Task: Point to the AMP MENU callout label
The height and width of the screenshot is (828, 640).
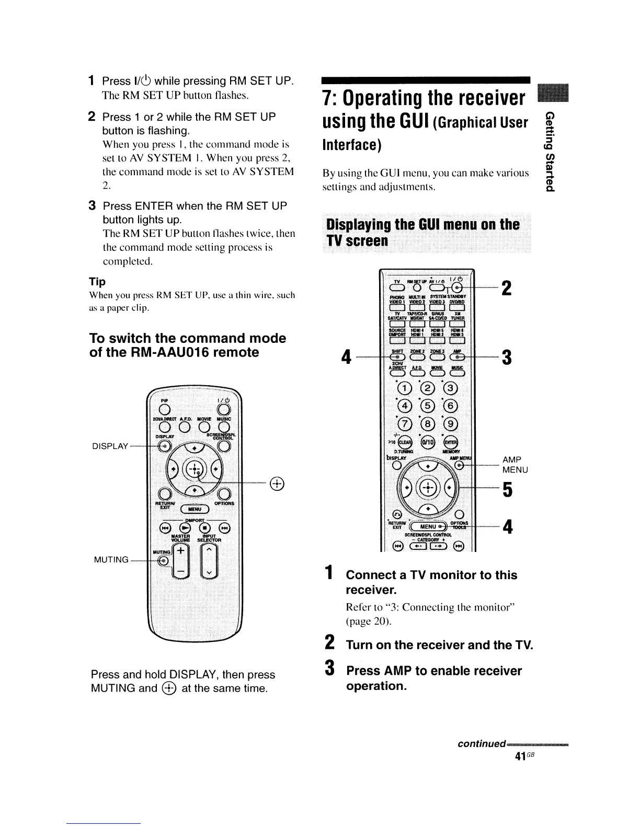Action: (515, 465)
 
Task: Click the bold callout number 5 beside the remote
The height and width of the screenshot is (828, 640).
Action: (506, 490)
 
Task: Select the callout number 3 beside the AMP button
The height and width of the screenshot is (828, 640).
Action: (506, 359)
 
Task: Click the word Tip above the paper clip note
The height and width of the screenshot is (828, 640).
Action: (98, 282)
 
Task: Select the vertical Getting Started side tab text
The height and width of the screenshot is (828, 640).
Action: (548, 152)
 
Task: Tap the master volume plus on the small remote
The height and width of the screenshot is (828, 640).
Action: (180, 551)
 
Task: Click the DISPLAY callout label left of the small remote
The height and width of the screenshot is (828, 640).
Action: (110, 446)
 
